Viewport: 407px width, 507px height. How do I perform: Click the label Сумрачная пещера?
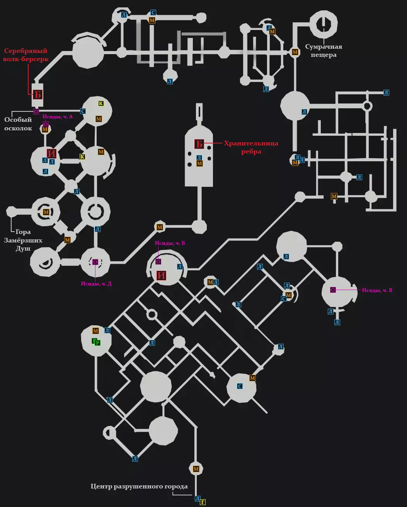(324, 51)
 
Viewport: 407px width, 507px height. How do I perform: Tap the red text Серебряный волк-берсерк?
(26, 55)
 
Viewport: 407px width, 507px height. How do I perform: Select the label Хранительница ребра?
(251, 147)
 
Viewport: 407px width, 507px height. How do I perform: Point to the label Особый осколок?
(18, 124)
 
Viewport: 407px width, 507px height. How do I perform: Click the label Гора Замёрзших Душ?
(23, 240)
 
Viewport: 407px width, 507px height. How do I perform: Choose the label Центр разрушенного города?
(139, 487)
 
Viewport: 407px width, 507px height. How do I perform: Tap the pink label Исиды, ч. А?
(58, 116)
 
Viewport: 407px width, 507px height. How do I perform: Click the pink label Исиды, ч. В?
(377, 290)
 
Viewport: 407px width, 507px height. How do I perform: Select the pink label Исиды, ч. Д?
(96, 283)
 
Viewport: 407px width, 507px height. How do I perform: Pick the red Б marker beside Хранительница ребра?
(199, 144)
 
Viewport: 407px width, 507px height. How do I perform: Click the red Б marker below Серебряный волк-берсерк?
(37, 94)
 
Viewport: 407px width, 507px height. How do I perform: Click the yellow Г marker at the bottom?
(203, 502)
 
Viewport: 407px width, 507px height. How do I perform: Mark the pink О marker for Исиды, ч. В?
(333, 290)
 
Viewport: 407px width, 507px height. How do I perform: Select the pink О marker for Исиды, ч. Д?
(95, 262)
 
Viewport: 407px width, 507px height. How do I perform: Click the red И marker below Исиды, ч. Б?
(162, 275)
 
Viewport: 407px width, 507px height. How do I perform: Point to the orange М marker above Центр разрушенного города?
(196, 469)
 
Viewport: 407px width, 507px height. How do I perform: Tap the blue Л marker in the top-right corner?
(386, 92)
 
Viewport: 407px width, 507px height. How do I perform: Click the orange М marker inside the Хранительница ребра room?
(199, 164)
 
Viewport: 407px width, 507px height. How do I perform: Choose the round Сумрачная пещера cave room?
(323, 24)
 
